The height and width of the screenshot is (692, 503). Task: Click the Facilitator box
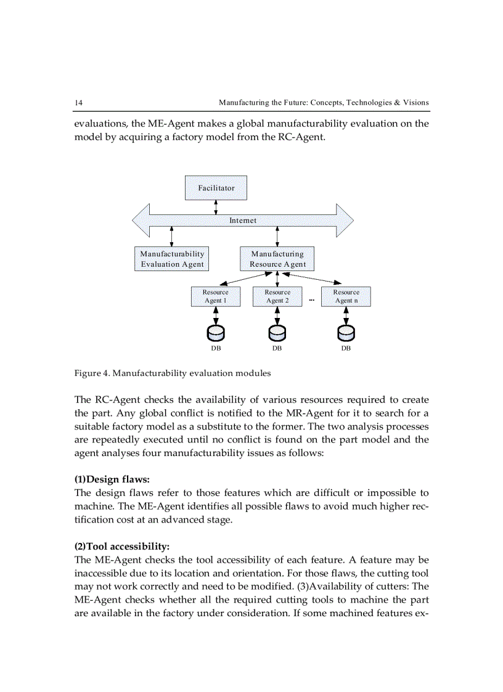click(216, 187)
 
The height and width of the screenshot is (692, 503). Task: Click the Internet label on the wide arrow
click(243, 220)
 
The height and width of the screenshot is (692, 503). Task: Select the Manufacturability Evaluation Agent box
click(172, 259)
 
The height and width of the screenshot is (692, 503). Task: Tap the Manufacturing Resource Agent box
click(277, 259)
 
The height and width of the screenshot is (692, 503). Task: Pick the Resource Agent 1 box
click(216, 296)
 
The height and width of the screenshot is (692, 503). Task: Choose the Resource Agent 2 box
click(277, 296)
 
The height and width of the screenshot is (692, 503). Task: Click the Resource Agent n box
click(346, 296)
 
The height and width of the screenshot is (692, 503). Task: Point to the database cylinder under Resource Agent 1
click(216, 333)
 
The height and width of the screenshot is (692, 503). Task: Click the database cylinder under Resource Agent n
click(346, 333)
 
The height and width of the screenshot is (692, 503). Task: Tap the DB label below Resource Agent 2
click(277, 349)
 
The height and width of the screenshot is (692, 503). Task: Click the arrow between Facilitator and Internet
click(216, 207)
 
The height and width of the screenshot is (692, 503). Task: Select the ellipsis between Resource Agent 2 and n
click(311, 300)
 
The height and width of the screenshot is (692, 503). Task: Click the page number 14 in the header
click(79, 102)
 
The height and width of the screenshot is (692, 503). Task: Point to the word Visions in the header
click(416, 102)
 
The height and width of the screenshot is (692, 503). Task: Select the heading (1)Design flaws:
click(112, 479)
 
